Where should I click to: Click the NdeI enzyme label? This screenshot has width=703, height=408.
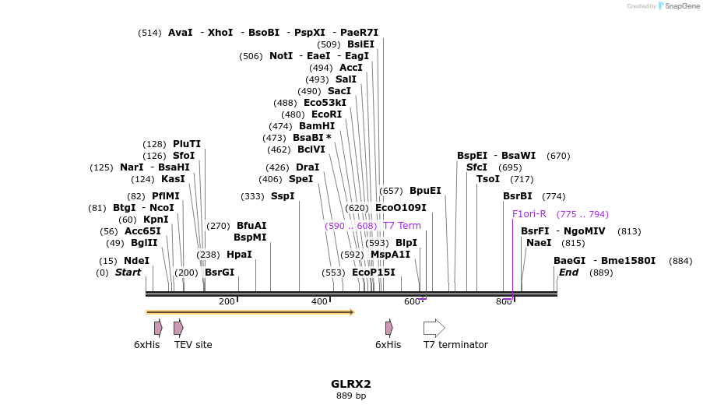tap(136, 261)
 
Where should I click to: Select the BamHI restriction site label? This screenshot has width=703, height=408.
tap(317, 126)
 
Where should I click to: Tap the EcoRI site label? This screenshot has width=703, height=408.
tap(326, 114)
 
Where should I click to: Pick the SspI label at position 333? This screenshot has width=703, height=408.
tap(283, 196)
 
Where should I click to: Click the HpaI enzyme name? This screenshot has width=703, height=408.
tap(239, 255)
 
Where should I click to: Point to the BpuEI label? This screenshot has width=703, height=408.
tap(425, 191)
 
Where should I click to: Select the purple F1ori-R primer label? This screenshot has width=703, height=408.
tap(529, 214)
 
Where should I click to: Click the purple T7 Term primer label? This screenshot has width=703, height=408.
tap(402, 226)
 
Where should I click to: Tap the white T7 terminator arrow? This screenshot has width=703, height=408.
tap(434, 328)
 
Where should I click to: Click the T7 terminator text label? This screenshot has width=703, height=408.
tap(455, 345)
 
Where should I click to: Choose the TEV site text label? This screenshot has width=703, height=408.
tap(193, 345)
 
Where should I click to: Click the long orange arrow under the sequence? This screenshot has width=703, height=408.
tap(250, 312)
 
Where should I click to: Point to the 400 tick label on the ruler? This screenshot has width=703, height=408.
tap(319, 302)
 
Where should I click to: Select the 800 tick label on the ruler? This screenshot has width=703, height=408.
tap(504, 302)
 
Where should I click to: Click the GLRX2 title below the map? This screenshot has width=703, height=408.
tap(351, 384)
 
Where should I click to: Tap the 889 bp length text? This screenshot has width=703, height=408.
tap(351, 396)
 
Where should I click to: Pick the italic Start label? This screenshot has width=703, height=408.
tap(128, 273)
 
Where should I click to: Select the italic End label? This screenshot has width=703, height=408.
tap(568, 273)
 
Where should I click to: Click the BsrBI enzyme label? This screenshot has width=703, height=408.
tap(518, 196)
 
